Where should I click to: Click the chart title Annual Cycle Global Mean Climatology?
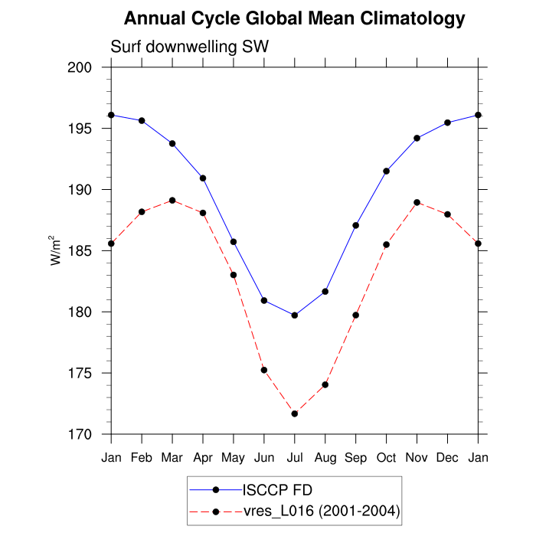(294, 18)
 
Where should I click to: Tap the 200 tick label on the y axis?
(82, 67)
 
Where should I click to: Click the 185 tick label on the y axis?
(82, 251)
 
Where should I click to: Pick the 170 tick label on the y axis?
(82, 435)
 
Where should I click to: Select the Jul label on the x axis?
(295, 458)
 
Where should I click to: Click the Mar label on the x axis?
(172, 458)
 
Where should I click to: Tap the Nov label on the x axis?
(417, 458)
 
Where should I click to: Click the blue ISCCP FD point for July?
(295, 315)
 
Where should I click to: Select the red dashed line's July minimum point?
(295, 413)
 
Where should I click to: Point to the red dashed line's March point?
(172, 201)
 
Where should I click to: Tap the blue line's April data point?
(203, 178)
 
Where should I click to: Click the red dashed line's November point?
(417, 202)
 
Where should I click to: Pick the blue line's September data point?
(356, 225)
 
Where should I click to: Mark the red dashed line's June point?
(264, 370)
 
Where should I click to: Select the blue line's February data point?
(142, 120)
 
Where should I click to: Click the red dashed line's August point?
(325, 384)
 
